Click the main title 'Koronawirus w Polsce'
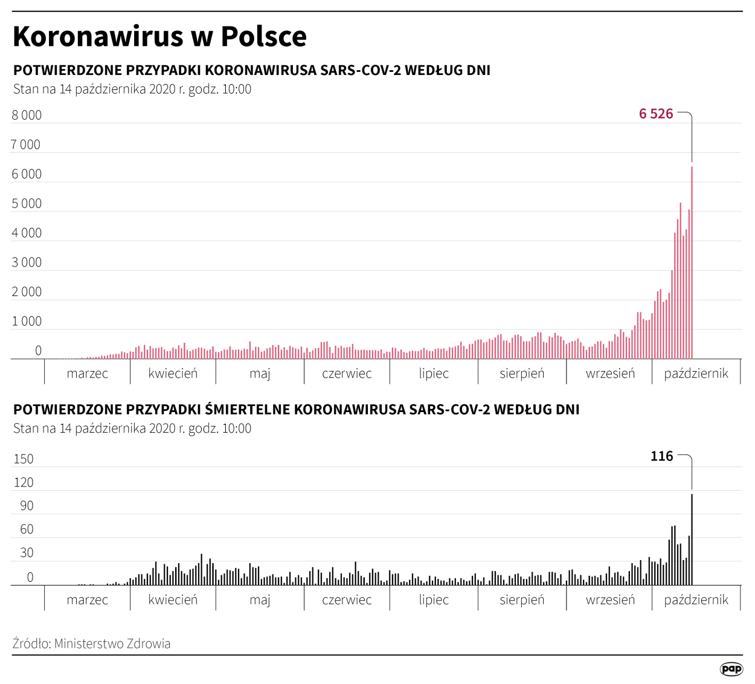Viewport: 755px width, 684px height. [159, 36]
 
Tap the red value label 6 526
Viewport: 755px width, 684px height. [656, 114]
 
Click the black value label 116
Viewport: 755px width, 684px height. [661, 456]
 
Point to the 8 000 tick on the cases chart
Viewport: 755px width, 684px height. [27, 115]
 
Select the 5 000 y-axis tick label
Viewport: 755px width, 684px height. [27, 204]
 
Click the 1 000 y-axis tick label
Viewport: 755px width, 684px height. [27, 321]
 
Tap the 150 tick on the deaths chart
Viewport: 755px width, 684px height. [24, 459]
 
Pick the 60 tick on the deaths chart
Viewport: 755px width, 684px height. [27, 530]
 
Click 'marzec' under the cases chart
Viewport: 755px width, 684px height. [88, 373]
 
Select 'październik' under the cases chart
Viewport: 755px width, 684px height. [696, 373]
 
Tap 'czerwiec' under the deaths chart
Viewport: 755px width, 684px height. [347, 600]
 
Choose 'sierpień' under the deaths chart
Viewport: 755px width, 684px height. [522, 600]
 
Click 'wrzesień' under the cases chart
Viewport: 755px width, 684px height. [610, 373]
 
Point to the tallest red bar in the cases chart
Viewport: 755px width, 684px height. [692, 263]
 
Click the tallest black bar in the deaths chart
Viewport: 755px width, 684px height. [692, 540]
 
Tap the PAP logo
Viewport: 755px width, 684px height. [731, 668]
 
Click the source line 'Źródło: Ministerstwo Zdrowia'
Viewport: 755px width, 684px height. [91, 644]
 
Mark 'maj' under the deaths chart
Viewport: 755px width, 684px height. [260, 600]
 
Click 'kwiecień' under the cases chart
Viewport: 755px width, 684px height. [173, 373]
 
